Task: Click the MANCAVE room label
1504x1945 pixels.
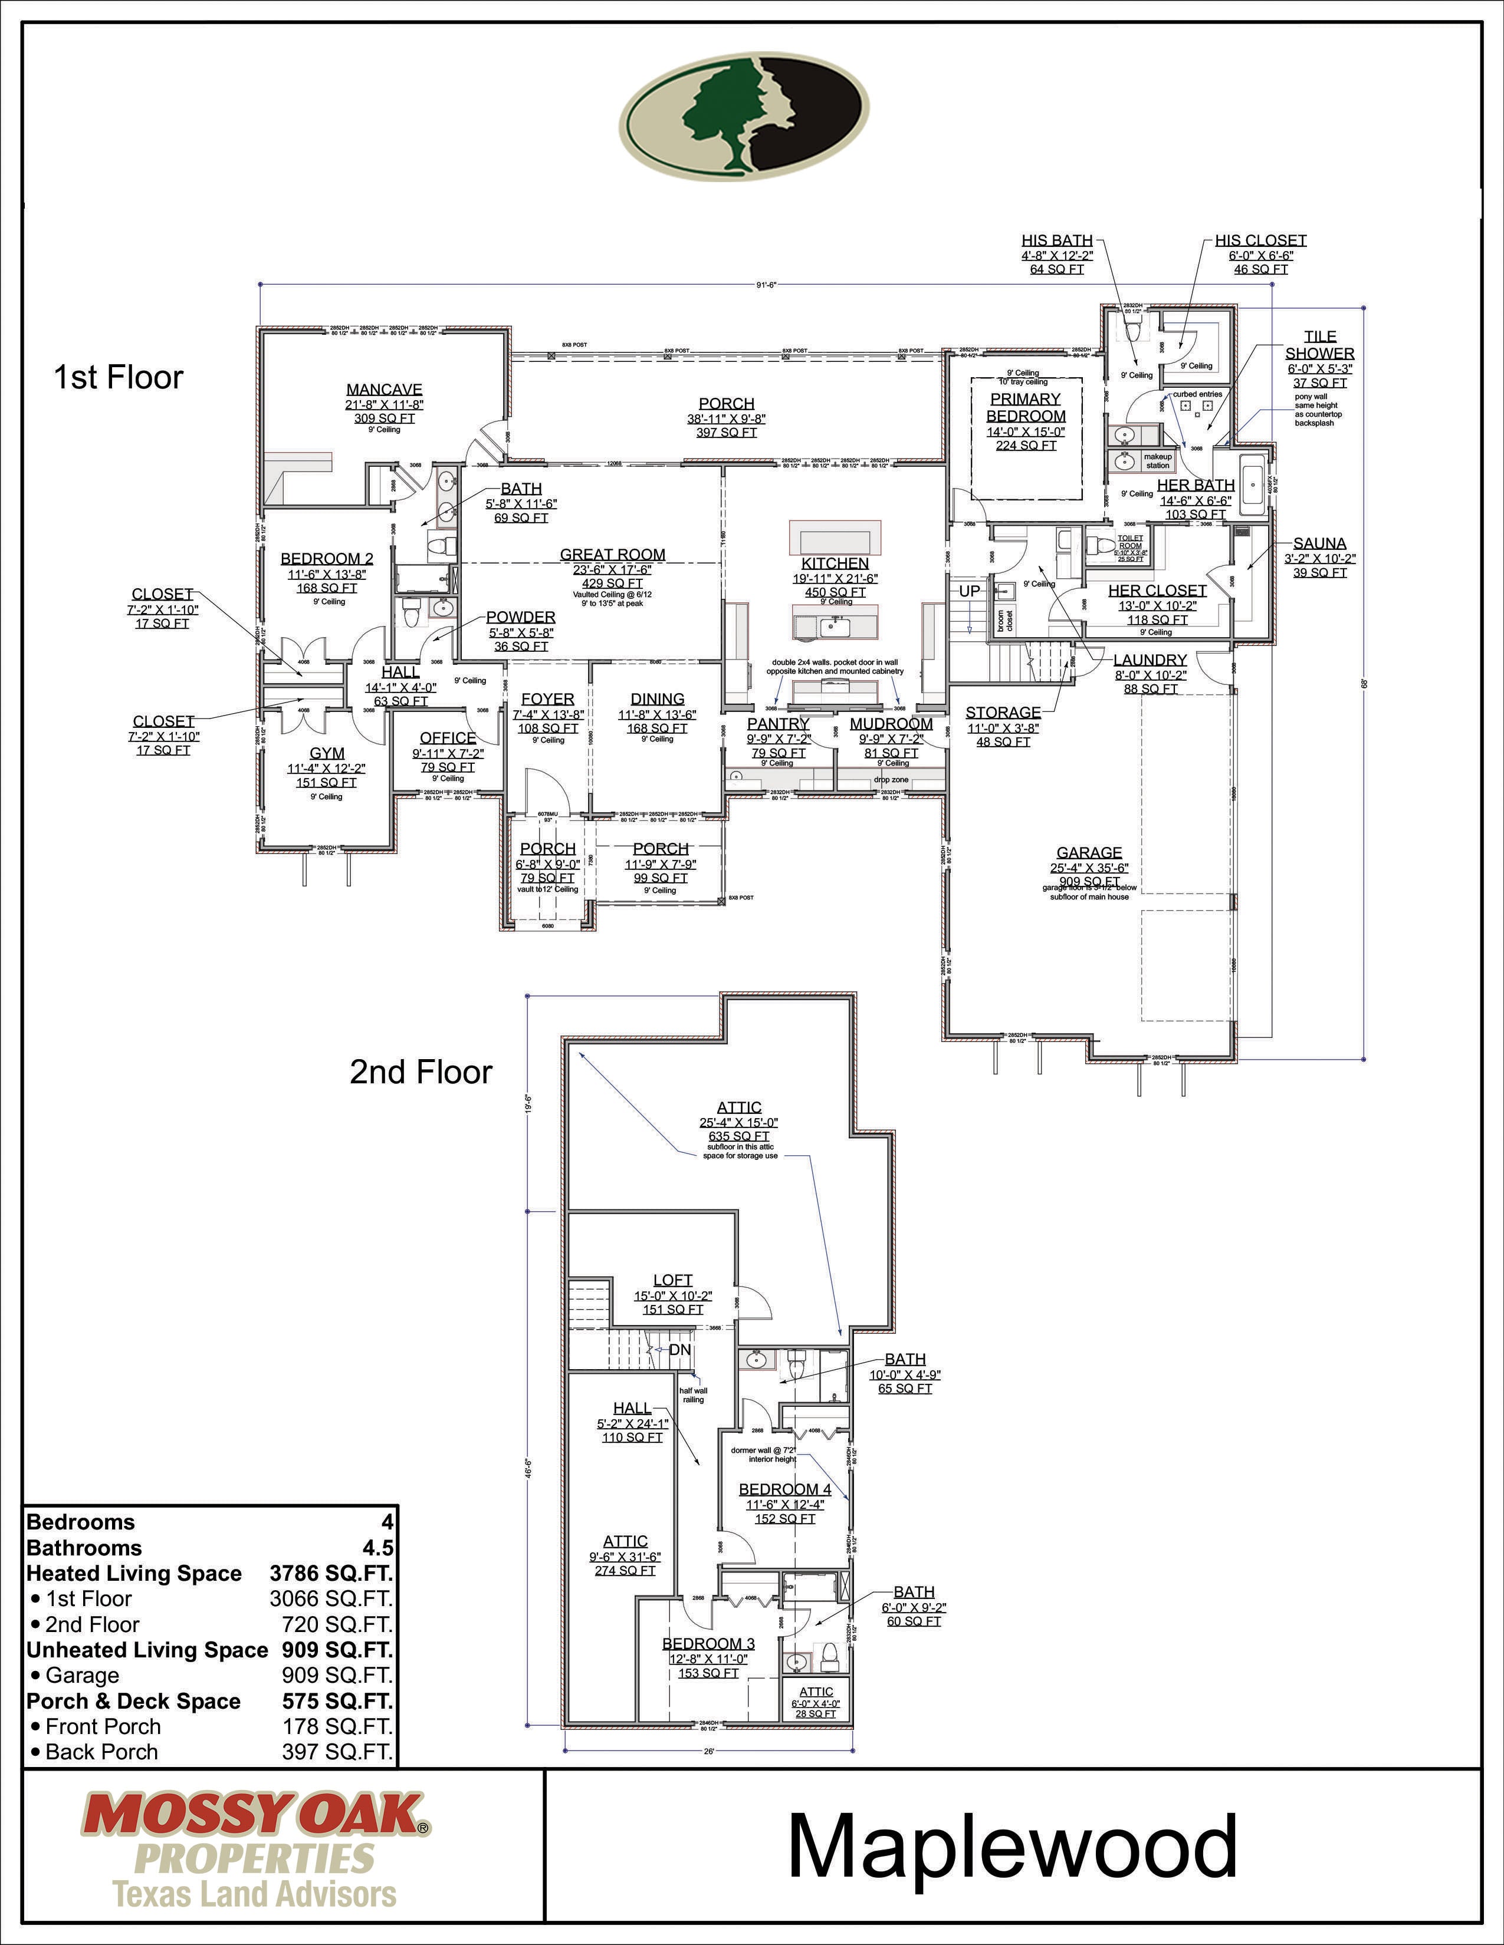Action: click(384, 389)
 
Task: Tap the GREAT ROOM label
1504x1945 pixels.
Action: click(612, 554)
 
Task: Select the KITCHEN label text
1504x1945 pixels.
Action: click(835, 563)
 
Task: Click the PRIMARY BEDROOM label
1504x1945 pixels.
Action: click(1026, 408)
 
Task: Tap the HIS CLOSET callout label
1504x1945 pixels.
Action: click(1261, 240)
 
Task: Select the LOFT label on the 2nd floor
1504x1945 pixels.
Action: click(673, 1280)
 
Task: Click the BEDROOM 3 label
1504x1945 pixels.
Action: click(708, 1643)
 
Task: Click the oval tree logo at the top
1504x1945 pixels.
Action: click(744, 116)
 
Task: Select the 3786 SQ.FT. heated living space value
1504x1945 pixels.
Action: click(330, 1574)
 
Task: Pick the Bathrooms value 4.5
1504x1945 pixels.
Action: click(377, 1548)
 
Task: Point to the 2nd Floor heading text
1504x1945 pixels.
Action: click(421, 1072)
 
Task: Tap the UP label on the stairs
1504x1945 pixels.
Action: click(970, 591)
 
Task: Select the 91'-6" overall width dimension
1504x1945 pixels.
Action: click(766, 285)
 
